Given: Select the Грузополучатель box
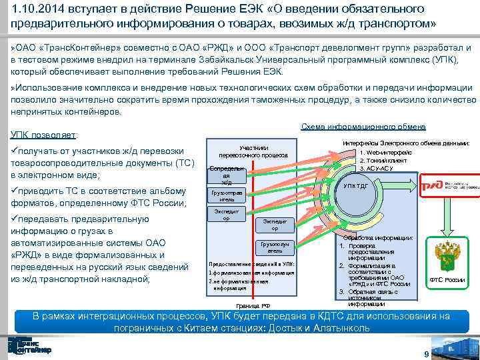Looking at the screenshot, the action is pos(275,247).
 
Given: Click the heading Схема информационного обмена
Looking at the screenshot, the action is pos(363,127).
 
